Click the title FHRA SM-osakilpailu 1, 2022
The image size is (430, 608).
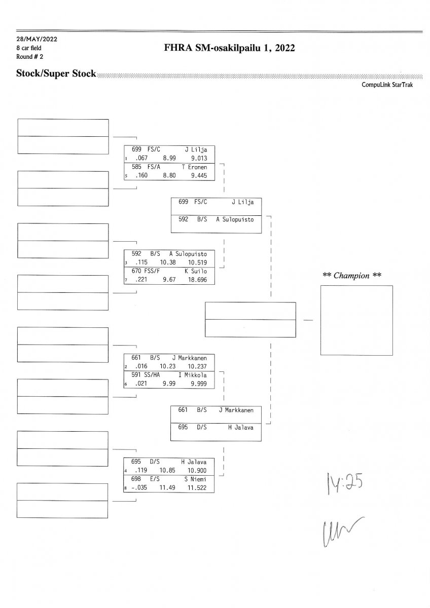click(x=229, y=48)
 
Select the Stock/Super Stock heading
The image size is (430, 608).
click(x=56, y=74)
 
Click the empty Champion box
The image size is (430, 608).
click(x=356, y=320)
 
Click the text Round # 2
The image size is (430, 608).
click(x=30, y=56)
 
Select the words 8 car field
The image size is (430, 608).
click(x=29, y=48)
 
